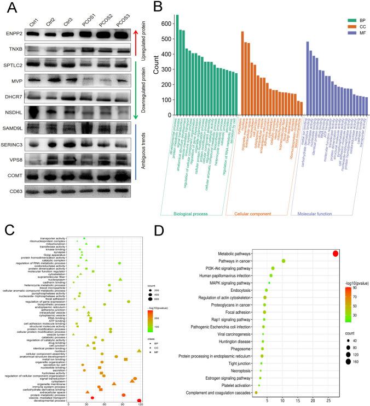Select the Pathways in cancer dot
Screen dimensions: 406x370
pyautogui.click(x=284, y=261)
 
